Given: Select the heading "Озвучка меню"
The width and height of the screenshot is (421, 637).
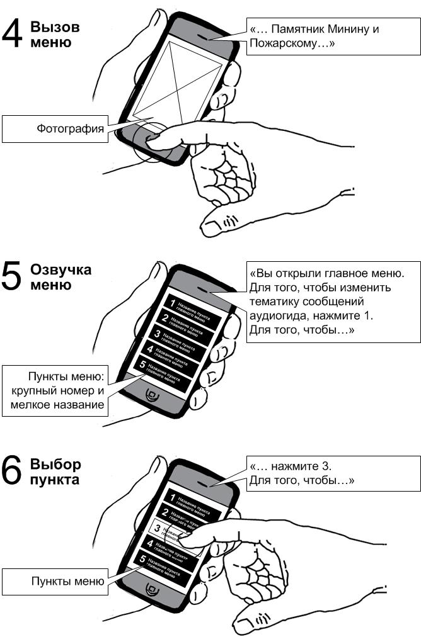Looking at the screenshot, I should click(61, 277).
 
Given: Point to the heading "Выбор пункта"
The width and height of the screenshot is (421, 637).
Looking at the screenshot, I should click(55, 472).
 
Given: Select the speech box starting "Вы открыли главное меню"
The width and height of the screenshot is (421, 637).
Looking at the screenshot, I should click(333, 302).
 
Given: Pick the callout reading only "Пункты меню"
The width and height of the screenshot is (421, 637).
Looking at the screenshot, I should click(55, 582).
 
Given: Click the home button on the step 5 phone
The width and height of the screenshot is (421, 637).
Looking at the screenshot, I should click(151, 395).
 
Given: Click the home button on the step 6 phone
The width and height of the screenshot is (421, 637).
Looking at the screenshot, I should click(151, 589).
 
